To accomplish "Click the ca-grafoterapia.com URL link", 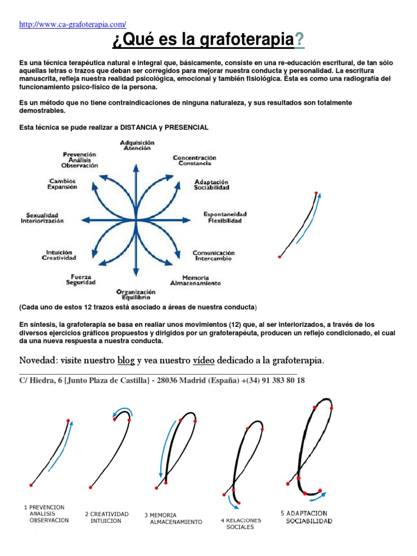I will [x=72, y=24].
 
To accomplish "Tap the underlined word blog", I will [x=125, y=360].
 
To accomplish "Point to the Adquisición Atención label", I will [x=137, y=145].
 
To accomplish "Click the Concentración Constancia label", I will [x=194, y=160].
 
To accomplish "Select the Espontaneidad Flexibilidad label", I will [x=225, y=217].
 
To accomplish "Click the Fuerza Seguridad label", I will [x=81, y=279].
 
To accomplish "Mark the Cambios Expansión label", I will [x=62, y=184].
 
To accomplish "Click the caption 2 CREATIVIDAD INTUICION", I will [x=106, y=517].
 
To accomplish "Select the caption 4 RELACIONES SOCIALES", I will [x=240, y=523].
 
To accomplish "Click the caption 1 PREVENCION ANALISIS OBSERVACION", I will [x=47, y=514].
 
